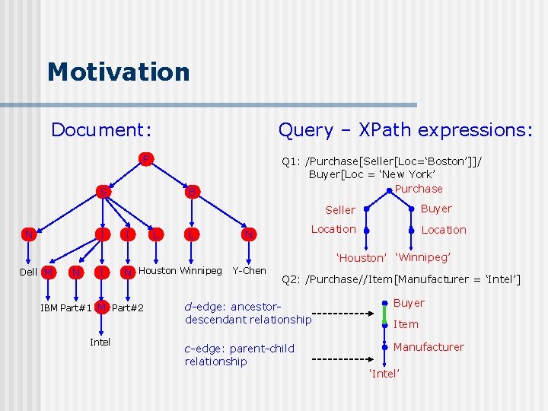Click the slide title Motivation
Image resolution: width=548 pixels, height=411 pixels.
coord(118,72)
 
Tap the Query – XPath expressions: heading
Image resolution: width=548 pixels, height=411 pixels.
coord(405,130)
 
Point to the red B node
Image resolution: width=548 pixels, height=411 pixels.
coord(193,191)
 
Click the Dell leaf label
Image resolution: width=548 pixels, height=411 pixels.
coord(28,272)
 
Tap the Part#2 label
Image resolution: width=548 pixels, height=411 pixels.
coord(127,308)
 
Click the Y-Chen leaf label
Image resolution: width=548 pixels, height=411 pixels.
coord(249,270)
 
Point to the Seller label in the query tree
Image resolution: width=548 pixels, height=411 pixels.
coord(340,210)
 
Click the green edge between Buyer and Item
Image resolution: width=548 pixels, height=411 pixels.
coord(385,314)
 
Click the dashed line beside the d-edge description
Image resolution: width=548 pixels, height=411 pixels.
coord(342,313)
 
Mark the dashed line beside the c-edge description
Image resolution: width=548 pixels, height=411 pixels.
coord(342,358)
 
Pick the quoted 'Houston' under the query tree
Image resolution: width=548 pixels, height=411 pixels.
coord(362,258)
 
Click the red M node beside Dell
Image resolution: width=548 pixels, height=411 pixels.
coord(49,272)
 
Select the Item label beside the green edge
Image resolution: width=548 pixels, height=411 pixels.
coord(406,324)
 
